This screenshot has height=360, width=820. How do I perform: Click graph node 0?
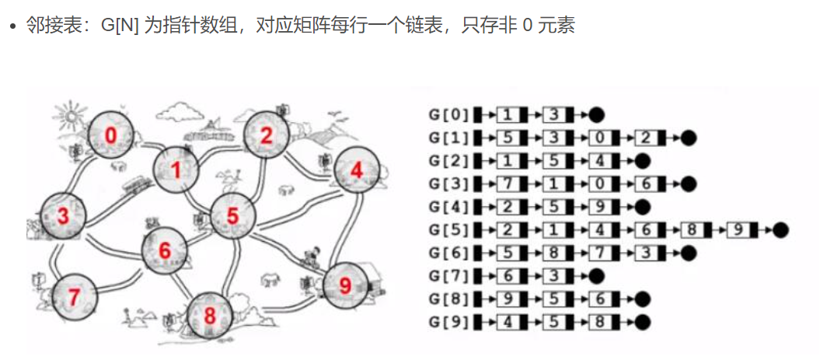tap(110, 135)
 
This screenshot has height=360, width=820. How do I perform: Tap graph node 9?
tap(345, 285)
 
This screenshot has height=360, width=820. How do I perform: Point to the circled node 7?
tap(74, 296)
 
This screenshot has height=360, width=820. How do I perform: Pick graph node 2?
tap(267, 135)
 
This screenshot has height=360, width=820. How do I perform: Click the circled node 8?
tap(209, 316)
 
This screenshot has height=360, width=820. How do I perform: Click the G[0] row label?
tap(449, 115)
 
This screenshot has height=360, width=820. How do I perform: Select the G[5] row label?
tap(449, 230)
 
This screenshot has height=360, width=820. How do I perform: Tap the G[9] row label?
tap(449, 322)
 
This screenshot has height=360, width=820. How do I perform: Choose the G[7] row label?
tap(449, 276)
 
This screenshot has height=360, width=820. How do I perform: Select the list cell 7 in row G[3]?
tap(505, 184)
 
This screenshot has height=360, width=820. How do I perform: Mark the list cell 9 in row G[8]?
tap(505, 299)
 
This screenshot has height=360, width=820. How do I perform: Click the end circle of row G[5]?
tap(780, 230)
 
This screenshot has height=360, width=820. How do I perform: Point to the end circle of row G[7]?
tap(596, 276)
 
